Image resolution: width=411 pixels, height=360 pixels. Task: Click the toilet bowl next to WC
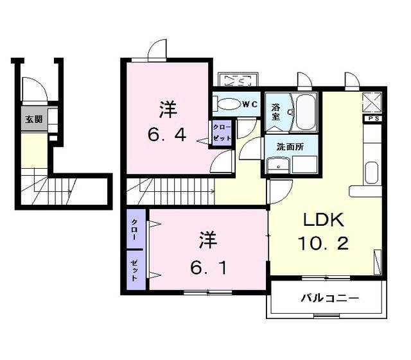pos(225,104)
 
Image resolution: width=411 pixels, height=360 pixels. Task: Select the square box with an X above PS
pos(372,101)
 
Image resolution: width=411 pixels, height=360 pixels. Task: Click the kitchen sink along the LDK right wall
pos(372,173)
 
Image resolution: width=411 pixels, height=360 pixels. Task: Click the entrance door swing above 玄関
pos(31,89)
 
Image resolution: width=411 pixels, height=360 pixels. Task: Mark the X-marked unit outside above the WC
pos(238,81)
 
